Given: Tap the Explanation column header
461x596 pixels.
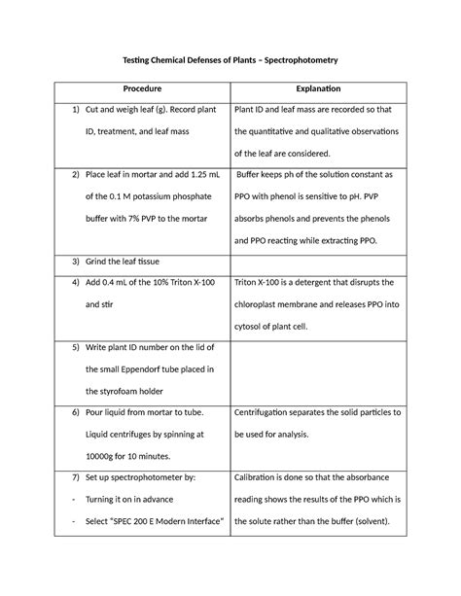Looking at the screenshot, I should pos(317,88).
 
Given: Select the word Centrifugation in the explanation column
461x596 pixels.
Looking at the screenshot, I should pos(273,413).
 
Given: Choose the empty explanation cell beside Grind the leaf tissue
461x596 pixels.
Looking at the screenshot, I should pos(317,263).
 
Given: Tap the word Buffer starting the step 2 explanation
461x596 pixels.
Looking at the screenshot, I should pos(255,176).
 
